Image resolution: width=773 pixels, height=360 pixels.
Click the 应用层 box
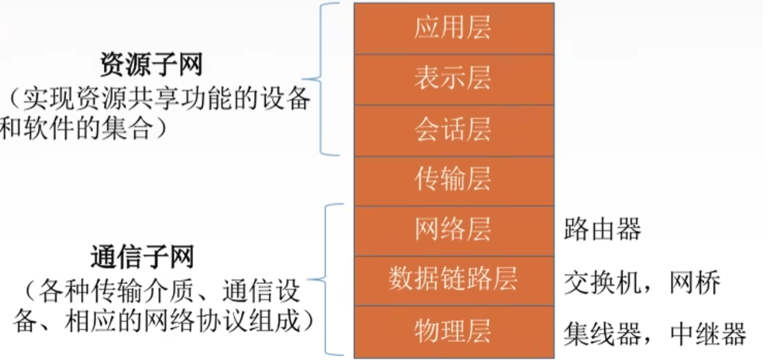pyautogui.click(x=453, y=28)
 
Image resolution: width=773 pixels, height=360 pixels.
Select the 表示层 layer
pyautogui.click(x=453, y=79)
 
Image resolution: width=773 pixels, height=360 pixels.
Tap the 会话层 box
pyautogui.click(x=453, y=130)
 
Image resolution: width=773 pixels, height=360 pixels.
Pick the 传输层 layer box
pyautogui.click(x=453, y=180)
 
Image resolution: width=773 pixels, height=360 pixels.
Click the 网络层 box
pyautogui.click(x=453, y=230)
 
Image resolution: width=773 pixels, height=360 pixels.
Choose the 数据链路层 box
pyautogui.click(x=453, y=280)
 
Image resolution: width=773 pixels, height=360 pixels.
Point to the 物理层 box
pyautogui.click(x=453, y=331)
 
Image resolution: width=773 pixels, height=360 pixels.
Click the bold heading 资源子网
pyautogui.click(x=151, y=63)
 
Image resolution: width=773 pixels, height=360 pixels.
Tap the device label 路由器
pyautogui.click(x=602, y=230)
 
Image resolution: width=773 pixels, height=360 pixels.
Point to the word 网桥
pyautogui.click(x=694, y=282)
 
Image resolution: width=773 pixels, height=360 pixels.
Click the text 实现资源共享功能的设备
pyautogui.click(x=164, y=98)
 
